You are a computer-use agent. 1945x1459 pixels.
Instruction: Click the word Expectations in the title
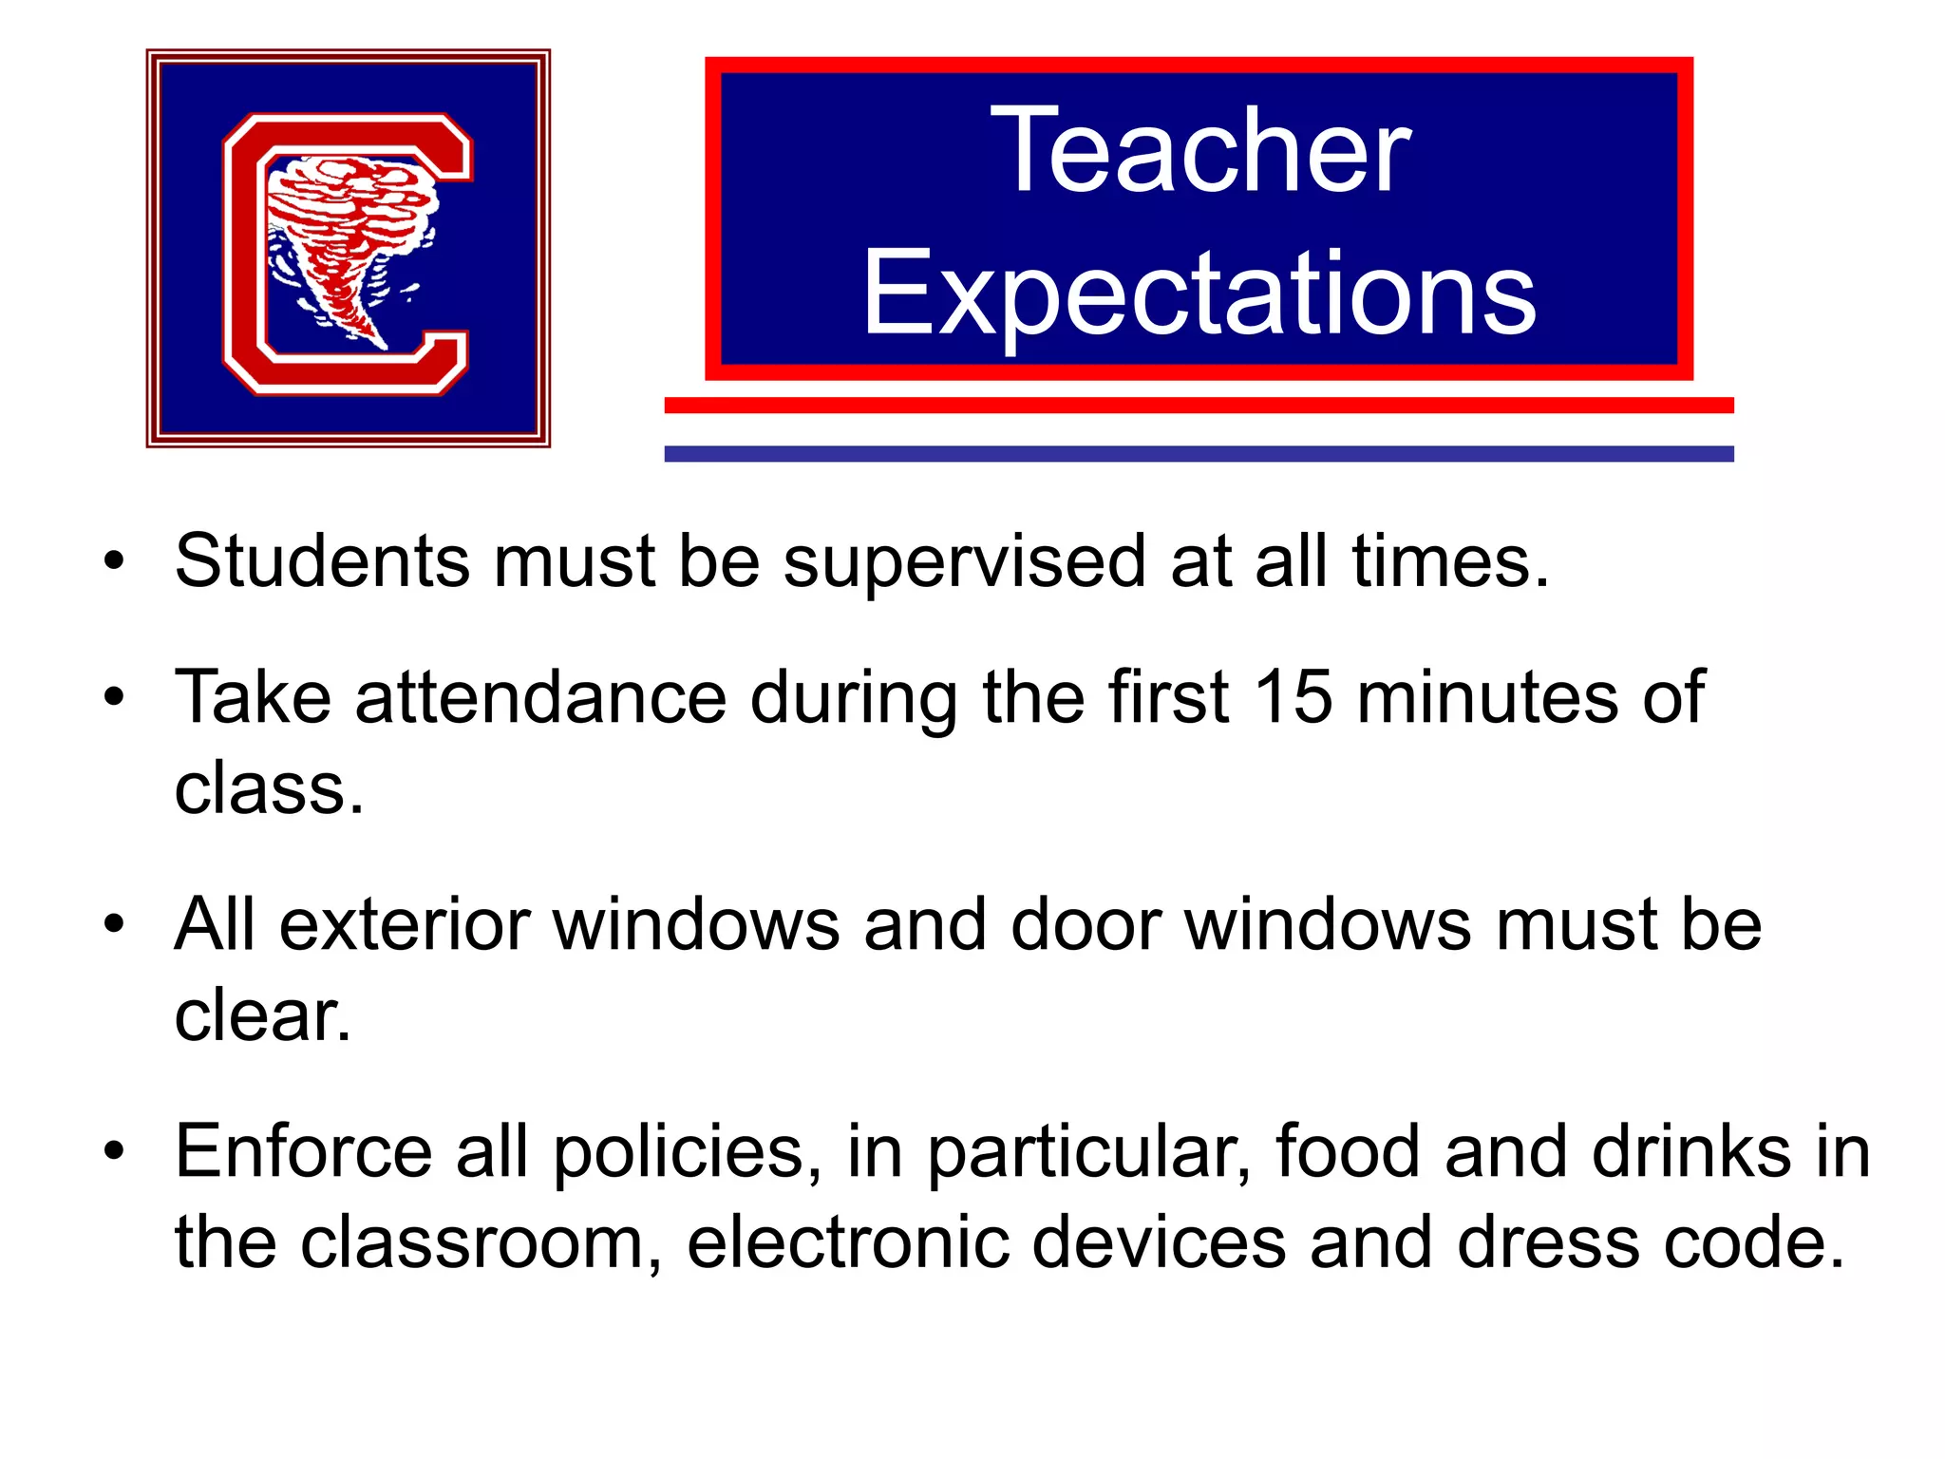pos(1199,294)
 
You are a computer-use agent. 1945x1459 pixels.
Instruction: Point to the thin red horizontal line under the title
pos(1199,406)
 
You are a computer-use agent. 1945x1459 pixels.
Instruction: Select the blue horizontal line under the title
pos(1199,454)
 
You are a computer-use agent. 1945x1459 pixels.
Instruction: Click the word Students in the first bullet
pos(322,561)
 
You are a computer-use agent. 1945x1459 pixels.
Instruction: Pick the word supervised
pos(964,563)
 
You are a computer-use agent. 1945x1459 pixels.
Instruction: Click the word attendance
pos(541,697)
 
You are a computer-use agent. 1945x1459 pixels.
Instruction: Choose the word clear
pos(262,1015)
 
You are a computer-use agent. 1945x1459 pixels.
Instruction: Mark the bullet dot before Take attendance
pos(115,698)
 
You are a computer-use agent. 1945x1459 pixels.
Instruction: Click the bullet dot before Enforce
pos(115,1152)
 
